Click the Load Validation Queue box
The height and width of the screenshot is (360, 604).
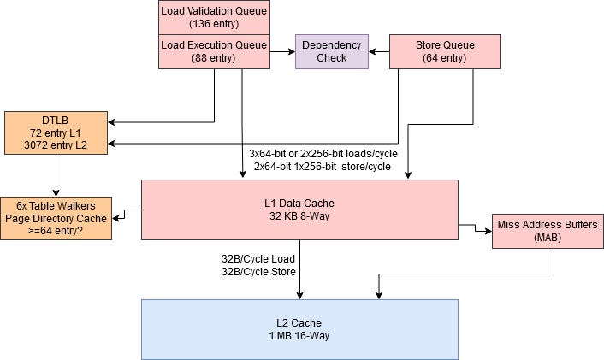(x=214, y=17)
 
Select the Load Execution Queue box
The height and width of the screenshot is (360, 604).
(x=214, y=51)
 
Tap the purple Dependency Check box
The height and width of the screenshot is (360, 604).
(x=332, y=51)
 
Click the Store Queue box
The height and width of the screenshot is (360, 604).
(x=445, y=51)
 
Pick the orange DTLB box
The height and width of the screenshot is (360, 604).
(x=56, y=132)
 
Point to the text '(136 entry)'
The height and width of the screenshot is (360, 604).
(x=214, y=24)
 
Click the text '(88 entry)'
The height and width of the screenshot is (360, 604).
(x=214, y=59)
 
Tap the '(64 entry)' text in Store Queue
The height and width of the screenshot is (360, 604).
(x=445, y=59)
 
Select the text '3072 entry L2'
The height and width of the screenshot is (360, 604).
(x=56, y=145)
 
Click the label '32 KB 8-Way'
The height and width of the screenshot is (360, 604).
(x=299, y=216)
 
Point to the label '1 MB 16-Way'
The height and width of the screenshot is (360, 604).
(x=299, y=335)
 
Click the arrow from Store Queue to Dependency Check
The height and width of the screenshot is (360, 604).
(x=379, y=51)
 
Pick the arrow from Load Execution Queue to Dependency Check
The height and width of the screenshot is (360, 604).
(x=282, y=51)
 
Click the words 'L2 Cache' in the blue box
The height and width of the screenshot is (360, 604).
(x=299, y=322)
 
